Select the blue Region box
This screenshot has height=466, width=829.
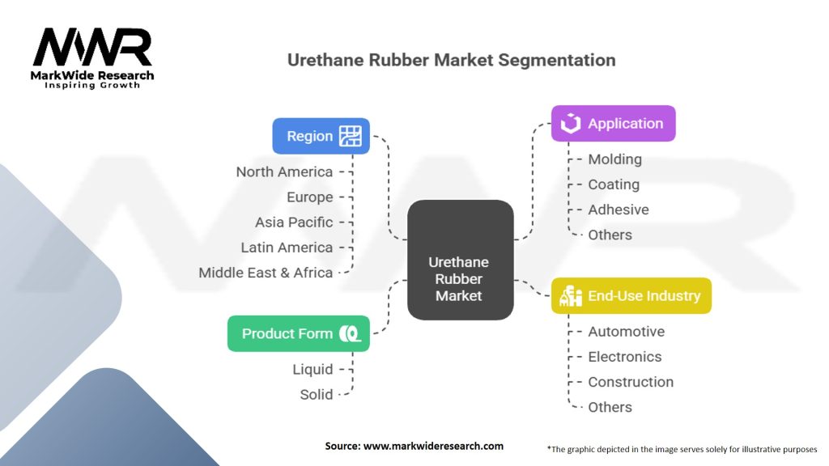click(x=321, y=136)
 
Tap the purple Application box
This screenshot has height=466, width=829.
click(x=613, y=124)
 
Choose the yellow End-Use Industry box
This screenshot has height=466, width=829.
click(x=631, y=295)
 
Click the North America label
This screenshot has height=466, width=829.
click(x=284, y=172)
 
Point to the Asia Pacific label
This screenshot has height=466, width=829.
click(x=294, y=222)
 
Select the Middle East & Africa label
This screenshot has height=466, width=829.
click(x=266, y=273)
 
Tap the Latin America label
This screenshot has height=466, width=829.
click(x=287, y=248)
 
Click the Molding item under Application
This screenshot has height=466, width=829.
click(x=614, y=159)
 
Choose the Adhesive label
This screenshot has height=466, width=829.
click(x=618, y=210)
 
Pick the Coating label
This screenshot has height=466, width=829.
click(x=614, y=184)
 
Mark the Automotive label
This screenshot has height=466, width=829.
click(x=626, y=332)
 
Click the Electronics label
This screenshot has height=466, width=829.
click(x=624, y=357)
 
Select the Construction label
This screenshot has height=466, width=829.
click(x=630, y=382)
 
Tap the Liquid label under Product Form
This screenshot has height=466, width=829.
click(x=312, y=369)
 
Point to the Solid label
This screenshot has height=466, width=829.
click(x=316, y=394)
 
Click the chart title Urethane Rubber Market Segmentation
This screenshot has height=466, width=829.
click(x=452, y=60)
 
